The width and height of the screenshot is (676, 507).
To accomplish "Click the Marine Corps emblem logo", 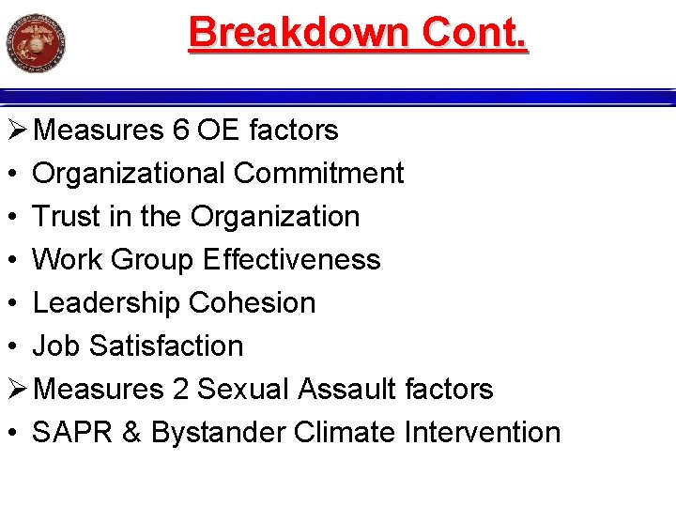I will [x=36, y=42].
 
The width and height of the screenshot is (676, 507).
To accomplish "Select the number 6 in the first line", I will [x=181, y=131].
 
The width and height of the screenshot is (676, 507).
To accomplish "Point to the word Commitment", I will [x=319, y=174].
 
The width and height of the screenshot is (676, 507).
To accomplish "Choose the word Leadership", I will [x=106, y=303].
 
